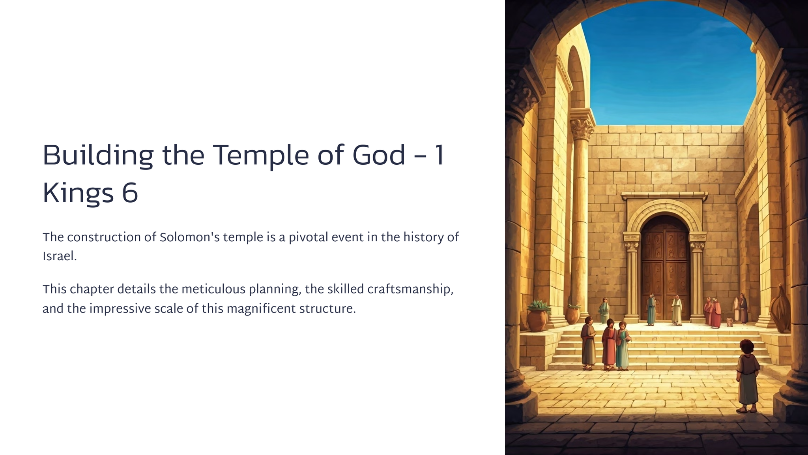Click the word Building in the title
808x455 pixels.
tap(98, 156)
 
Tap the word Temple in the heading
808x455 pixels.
tap(260, 156)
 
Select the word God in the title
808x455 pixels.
tap(379, 155)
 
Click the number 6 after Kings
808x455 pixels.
tap(130, 193)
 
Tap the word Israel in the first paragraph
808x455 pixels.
tap(60, 257)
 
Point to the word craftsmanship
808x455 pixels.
tap(410, 290)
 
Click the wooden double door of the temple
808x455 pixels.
tap(666, 269)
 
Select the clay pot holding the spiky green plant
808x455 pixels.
tap(537, 319)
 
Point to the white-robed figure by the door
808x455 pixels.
tap(677, 310)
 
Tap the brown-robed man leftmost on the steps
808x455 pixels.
tap(588, 344)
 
